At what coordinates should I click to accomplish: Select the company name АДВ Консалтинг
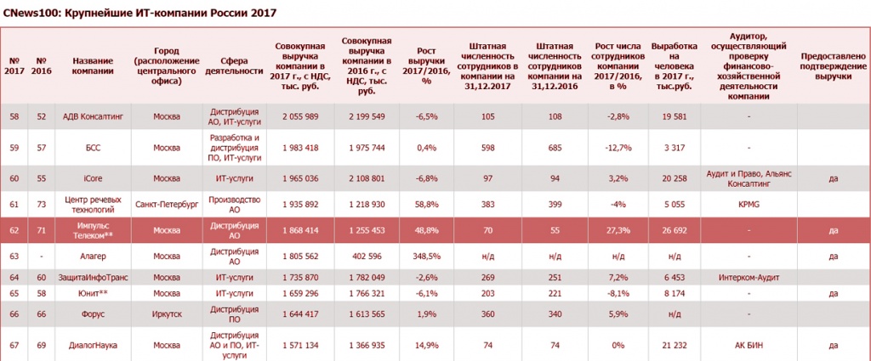point(93,116)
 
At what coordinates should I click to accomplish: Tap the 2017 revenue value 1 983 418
point(300,148)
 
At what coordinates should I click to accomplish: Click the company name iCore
point(92,178)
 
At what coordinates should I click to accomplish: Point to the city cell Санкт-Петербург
point(167,204)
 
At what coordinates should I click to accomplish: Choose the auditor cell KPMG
point(749,204)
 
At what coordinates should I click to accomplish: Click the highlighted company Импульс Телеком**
point(92,231)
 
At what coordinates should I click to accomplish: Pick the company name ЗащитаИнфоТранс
point(92,277)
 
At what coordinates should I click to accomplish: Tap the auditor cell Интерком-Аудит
point(749,277)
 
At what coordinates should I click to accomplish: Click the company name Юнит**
point(92,293)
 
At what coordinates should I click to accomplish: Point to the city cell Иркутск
point(167,314)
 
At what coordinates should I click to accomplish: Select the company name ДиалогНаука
point(92,345)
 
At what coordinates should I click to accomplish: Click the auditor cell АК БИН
point(749,345)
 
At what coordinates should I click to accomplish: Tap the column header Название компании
point(92,66)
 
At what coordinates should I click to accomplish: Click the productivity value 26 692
point(674,231)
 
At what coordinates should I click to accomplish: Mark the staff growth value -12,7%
point(618,148)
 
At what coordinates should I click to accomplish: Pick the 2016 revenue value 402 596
point(367,257)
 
